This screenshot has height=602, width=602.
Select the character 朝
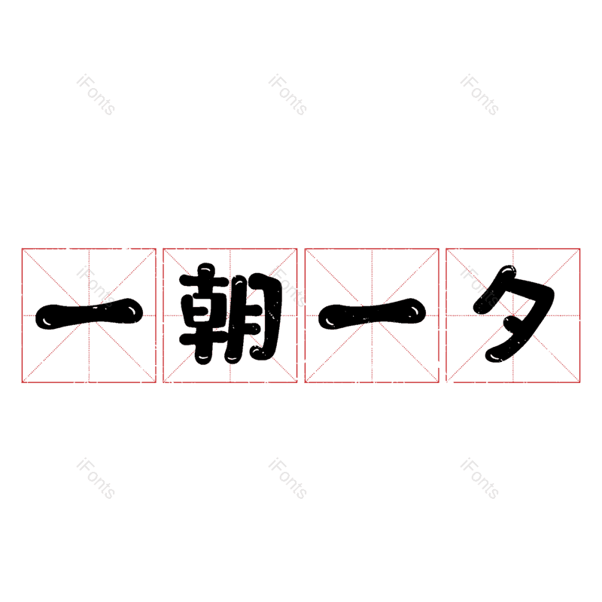point(230,315)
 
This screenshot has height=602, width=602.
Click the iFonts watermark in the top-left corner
point(96,95)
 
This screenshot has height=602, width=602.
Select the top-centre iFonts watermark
point(287,95)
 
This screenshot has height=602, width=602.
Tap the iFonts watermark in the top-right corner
point(479,95)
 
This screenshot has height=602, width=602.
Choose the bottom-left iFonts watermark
point(96,479)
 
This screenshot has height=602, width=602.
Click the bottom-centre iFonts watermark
point(287,479)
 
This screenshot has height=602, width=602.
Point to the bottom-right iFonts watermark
point(479,479)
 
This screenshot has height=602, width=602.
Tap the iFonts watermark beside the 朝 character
point(287,287)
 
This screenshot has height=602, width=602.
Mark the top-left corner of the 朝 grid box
point(164,248)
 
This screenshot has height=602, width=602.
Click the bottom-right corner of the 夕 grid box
point(580,382)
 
